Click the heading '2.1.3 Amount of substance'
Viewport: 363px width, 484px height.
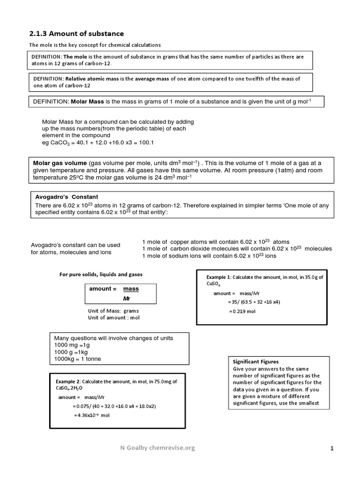coord(77,34)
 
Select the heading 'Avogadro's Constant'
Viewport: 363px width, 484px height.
coord(67,196)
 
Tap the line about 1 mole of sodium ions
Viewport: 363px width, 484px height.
coord(209,256)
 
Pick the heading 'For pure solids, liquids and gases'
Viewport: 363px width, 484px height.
coord(101,274)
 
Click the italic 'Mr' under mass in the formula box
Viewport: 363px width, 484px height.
coord(126,299)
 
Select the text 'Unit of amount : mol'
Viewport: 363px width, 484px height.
coord(113,318)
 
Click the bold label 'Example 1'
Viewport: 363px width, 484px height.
coord(219,277)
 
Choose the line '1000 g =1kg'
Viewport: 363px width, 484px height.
coord(71,352)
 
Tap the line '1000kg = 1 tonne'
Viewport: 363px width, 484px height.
coord(78,359)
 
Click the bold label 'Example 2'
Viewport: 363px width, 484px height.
coord(69,381)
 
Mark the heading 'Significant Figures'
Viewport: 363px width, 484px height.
coord(256,362)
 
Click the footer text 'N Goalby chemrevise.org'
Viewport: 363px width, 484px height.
coord(157,448)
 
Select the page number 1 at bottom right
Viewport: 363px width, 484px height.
coord(332,449)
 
